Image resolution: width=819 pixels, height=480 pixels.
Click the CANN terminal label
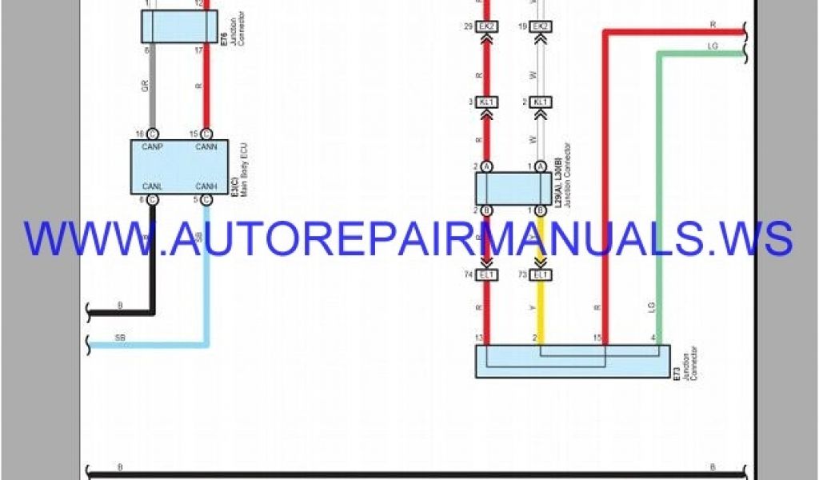tap(206, 146)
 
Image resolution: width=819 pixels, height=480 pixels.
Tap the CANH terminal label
tap(206, 186)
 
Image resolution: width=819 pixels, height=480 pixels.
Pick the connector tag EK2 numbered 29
tap(487, 26)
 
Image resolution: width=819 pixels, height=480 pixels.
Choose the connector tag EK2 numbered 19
tap(541, 26)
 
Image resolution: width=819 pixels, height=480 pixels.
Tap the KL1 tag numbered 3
tap(487, 102)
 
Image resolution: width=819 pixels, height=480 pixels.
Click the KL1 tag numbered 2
tap(541, 102)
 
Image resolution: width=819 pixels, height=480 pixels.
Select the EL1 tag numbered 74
tap(487, 274)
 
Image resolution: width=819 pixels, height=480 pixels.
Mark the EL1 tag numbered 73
tap(541, 274)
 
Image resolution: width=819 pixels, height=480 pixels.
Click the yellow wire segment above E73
tap(541, 312)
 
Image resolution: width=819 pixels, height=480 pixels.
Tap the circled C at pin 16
tap(153, 134)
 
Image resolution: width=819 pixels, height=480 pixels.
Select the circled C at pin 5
tap(206, 199)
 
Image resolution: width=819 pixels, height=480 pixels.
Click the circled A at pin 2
tap(487, 166)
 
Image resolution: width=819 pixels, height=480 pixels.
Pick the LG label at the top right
tap(713, 46)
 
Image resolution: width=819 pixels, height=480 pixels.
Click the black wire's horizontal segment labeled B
tap(120, 311)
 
